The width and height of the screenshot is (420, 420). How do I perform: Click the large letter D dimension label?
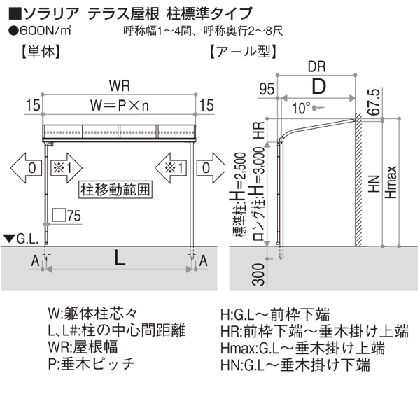coord(319,87)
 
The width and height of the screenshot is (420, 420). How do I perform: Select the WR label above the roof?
coord(118,85)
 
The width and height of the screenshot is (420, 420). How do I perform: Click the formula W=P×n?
coord(119,104)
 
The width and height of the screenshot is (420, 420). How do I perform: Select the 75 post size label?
coord(75,215)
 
